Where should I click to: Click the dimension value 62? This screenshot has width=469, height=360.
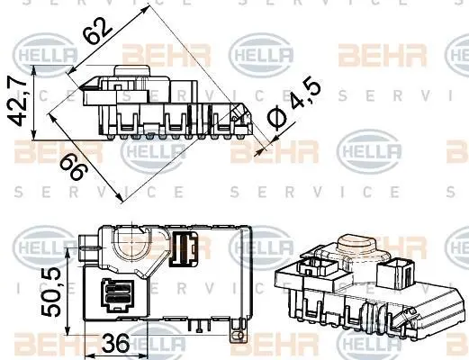97,31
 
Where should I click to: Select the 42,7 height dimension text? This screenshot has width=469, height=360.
18,103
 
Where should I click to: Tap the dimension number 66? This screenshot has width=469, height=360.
74,168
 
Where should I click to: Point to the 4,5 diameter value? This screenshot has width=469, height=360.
306,93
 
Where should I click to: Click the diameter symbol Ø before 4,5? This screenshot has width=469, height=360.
276,119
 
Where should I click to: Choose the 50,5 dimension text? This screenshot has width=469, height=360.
51,292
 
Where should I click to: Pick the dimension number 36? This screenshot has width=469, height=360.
115,343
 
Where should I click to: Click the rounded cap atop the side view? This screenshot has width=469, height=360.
131,70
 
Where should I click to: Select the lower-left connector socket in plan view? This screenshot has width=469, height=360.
117,296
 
